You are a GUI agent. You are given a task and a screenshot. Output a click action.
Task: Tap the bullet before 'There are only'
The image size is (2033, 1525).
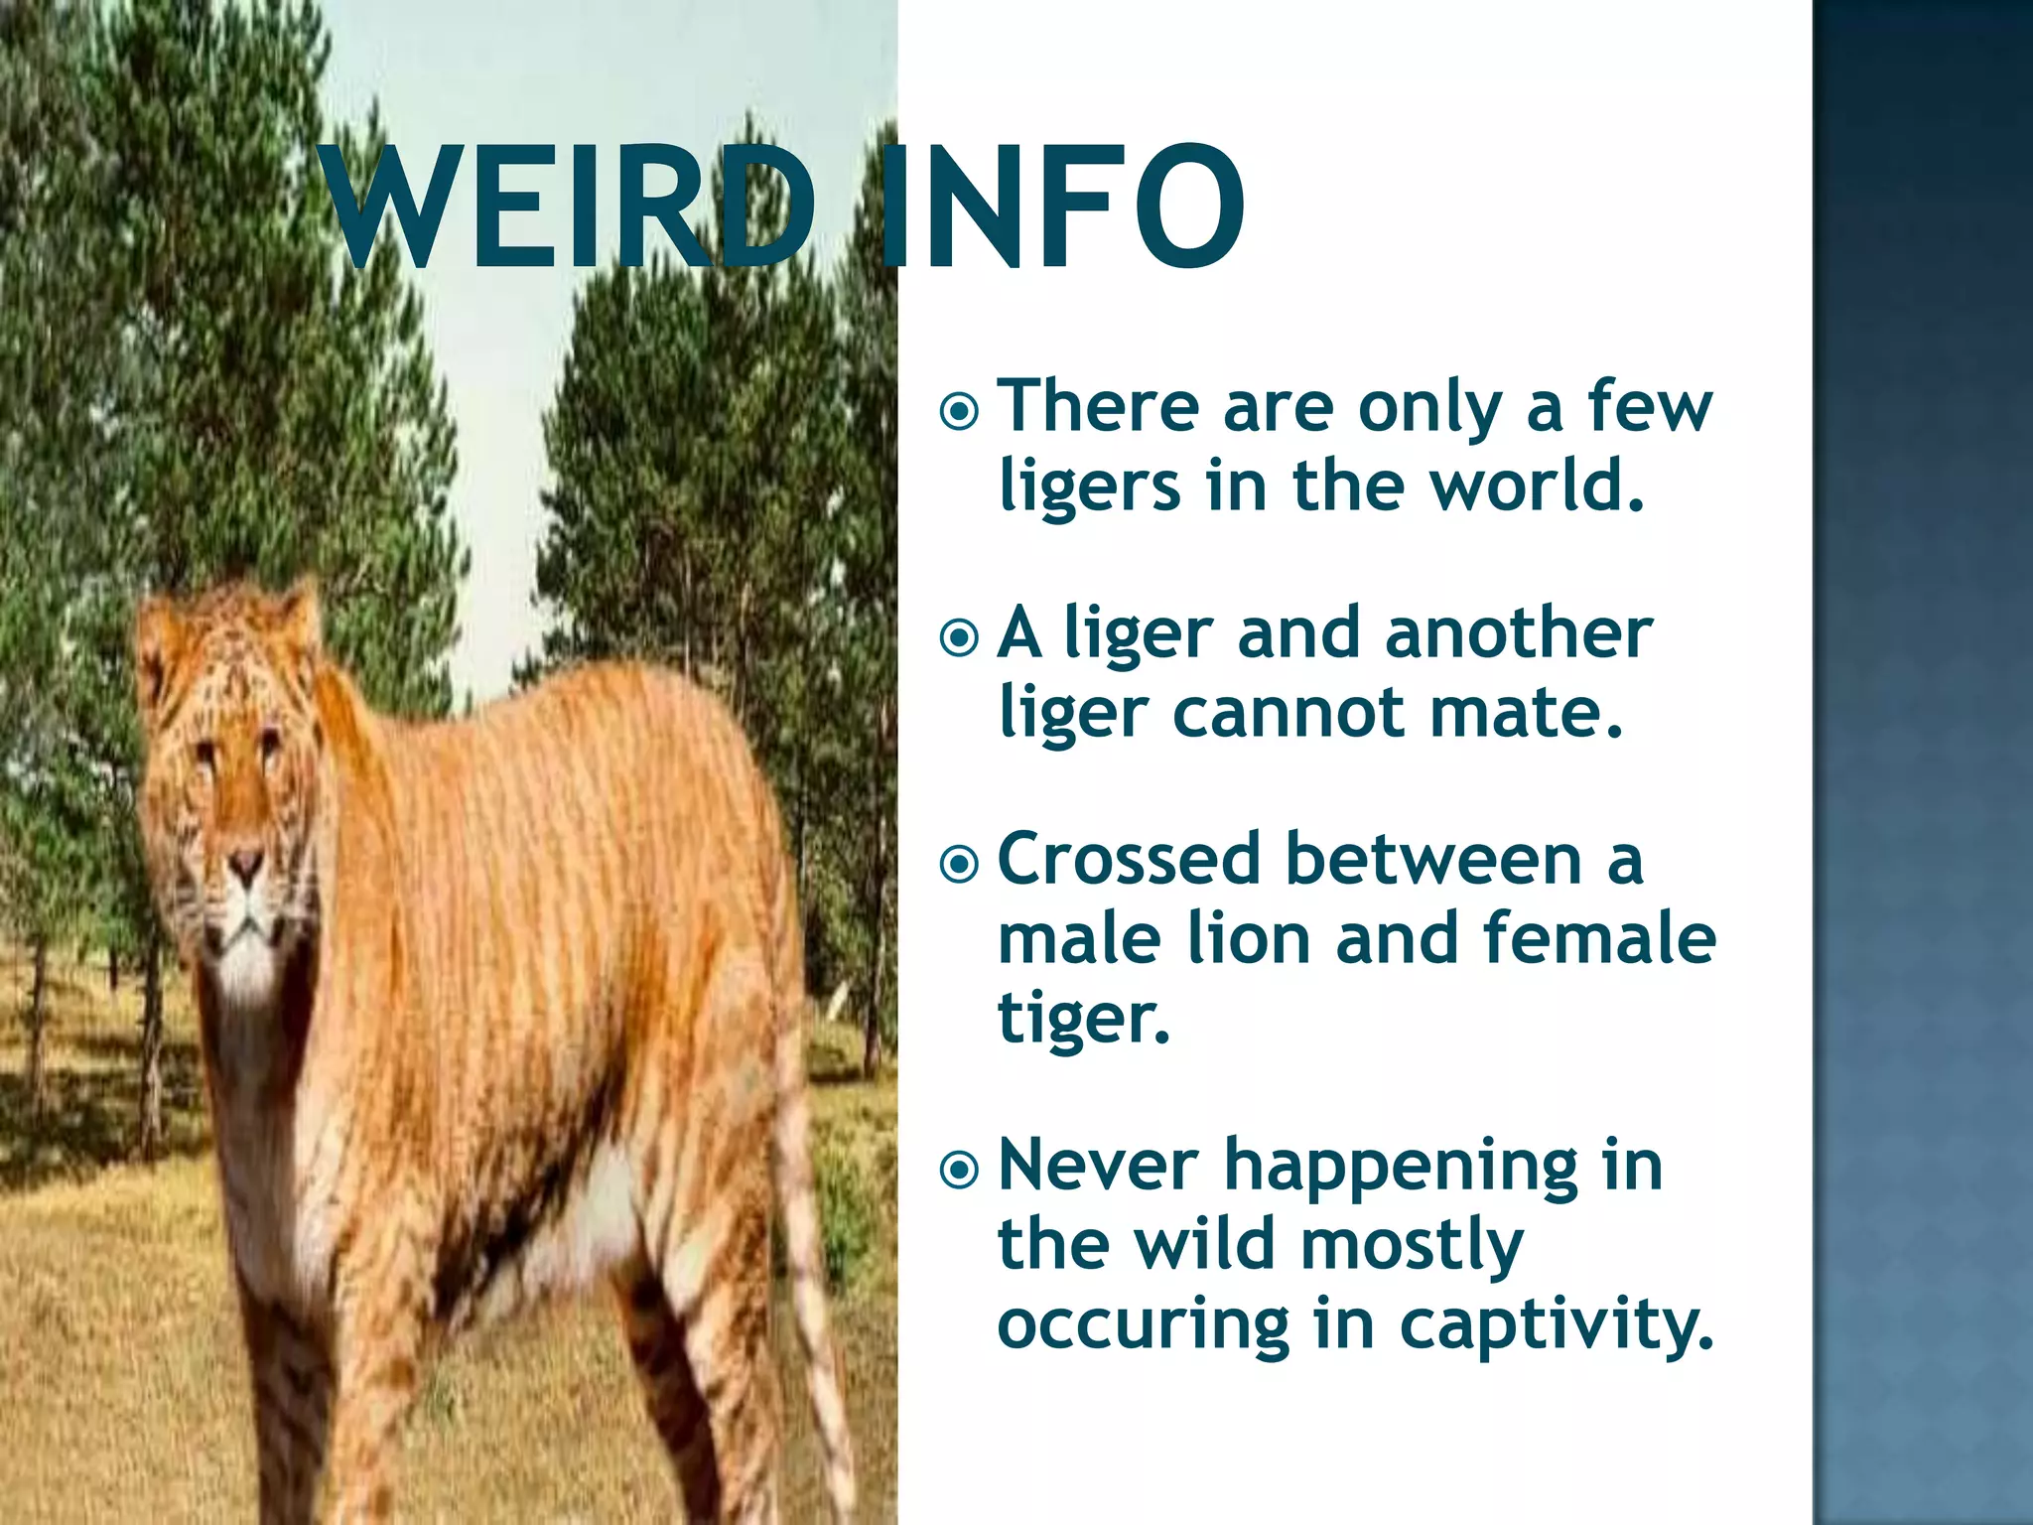pos(959,410)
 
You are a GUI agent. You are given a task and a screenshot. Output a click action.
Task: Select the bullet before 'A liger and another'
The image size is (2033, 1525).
pos(959,637)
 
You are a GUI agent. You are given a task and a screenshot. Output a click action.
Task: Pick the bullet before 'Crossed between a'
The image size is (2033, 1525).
pos(959,864)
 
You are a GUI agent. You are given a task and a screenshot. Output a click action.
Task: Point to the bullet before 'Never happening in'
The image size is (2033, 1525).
pos(959,1170)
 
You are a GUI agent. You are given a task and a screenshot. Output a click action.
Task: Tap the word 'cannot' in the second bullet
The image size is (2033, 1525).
pos(1288,713)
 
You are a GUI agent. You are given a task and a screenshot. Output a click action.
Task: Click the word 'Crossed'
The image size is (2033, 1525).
pos(1128,859)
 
